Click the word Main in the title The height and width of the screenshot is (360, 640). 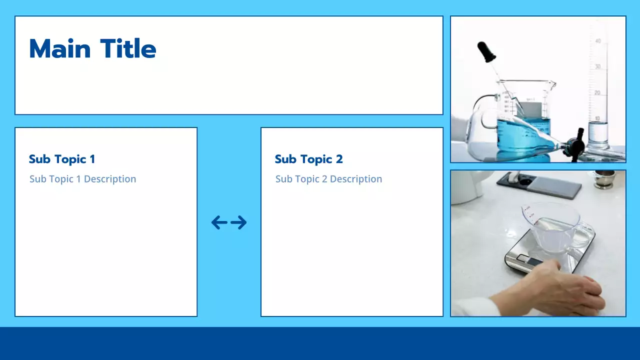(60, 49)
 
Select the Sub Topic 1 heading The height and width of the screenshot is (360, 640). (62, 159)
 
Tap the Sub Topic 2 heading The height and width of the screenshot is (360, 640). (308, 159)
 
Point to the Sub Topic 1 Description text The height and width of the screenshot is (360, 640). (82, 179)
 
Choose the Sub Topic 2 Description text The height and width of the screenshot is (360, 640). (328, 179)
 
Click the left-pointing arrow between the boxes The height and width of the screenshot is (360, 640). (219, 222)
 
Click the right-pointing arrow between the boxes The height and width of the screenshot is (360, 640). (238, 222)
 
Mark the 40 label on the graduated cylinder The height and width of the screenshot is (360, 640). (597, 41)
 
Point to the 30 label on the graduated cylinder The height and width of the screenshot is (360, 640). (597, 67)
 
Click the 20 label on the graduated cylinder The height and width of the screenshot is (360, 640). (597, 93)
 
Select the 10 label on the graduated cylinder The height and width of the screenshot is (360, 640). (597, 119)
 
